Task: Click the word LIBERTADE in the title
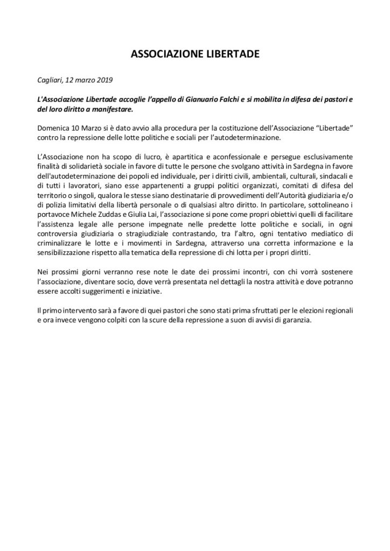pyautogui.click(x=228, y=54)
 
